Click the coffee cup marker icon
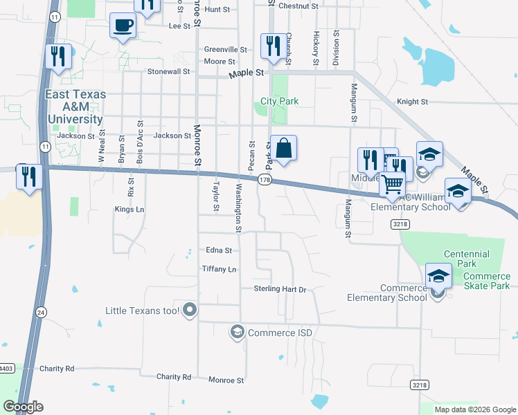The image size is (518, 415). pos(123,26)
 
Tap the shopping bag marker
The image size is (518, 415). pos(283,148)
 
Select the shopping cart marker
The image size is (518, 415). pos(392,184)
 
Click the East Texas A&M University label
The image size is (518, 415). pos(75,107)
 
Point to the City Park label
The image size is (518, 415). pos(280,101)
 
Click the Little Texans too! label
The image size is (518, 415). pos(143,311)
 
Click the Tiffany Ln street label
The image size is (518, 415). pos(219,268)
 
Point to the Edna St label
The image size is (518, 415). pos(219,250)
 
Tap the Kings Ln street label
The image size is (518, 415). pos(129,209)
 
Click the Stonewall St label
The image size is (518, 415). pos(168,71)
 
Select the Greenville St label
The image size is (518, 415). pos(226,50)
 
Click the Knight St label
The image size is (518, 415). pos(412,102)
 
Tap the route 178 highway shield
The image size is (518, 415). pos(264,180)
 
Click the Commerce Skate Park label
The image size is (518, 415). pos(476,281)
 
